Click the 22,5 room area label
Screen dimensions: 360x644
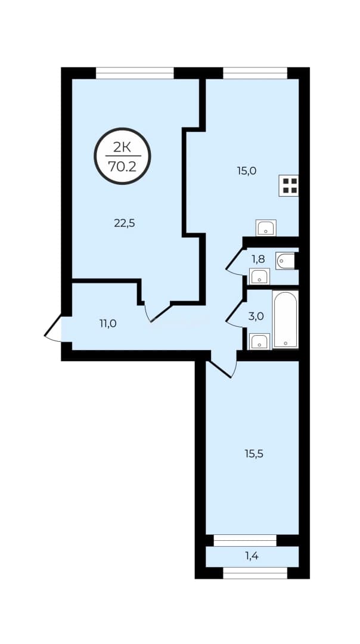125,224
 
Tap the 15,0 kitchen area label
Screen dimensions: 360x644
246,171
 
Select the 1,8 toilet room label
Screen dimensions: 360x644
258,259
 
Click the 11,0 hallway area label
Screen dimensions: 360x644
108,324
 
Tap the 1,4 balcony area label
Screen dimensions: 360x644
253,556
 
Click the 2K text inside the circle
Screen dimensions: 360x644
122,148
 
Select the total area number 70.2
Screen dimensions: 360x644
122,166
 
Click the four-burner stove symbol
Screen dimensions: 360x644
288,185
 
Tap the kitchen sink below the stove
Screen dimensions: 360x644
266,228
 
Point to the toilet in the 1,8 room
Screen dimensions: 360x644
286,261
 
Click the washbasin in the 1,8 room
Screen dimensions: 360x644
259,277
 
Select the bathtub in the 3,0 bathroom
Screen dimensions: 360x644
285,319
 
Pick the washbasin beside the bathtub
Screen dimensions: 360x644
260,342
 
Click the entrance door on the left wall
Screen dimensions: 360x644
53,328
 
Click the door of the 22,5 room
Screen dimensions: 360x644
157,312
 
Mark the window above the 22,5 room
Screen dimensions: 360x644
135,73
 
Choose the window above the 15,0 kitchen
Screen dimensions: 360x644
255,73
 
